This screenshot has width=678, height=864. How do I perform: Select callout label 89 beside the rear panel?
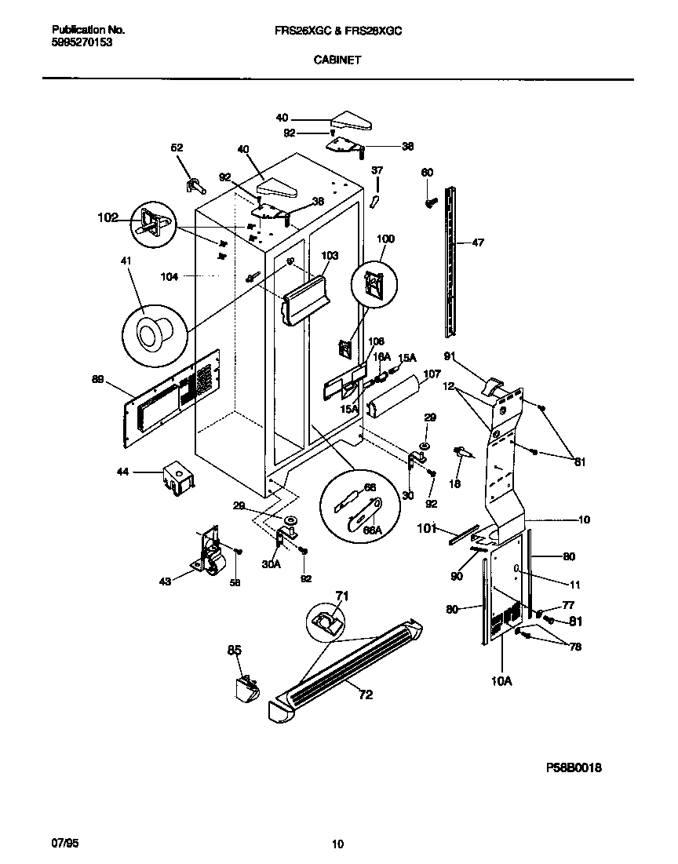[98, 380]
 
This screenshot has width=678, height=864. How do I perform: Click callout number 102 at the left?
[108, 217]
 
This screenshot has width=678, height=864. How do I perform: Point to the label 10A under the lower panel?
[502, 681]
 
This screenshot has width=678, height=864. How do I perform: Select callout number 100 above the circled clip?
[385, 239]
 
